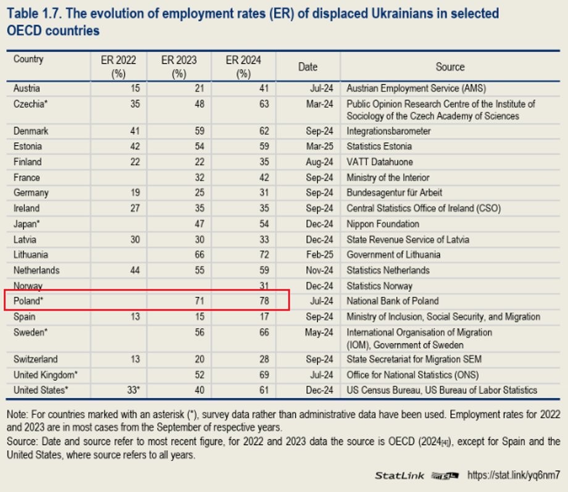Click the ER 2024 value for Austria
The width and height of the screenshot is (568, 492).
(x=264, y=88)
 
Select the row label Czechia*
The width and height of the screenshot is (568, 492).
(x=31, y=104)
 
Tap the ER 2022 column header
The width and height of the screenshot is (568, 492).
(x=118, y=66)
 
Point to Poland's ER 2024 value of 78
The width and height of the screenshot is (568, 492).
(x=264, y=301)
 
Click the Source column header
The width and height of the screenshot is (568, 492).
(x=449, y=67)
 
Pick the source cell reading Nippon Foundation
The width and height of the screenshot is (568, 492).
(x=383, y=224)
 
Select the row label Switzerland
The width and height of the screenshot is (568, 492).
(x=36, y=359)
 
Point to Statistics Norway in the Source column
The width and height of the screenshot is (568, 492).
(x=380, y=286)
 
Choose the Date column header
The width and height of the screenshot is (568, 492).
(x=307, y=67)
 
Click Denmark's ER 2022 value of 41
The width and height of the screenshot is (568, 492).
(x=135, y=131)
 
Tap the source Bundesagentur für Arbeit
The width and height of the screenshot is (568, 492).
(x=394, y=193)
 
